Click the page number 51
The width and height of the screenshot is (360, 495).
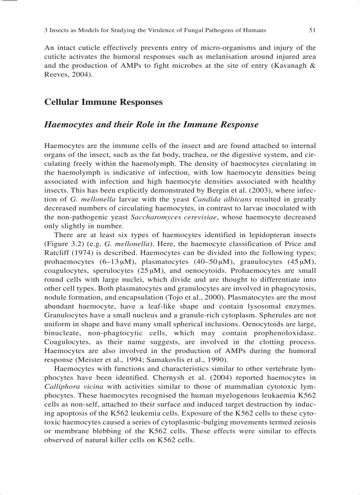pos(312,30)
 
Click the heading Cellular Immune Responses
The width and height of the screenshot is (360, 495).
pos(103,102)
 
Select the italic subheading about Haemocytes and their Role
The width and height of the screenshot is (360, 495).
pos(151,124)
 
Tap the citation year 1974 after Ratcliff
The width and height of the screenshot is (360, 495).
pos(86,252)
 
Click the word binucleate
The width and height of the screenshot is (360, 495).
pos(62,333)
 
